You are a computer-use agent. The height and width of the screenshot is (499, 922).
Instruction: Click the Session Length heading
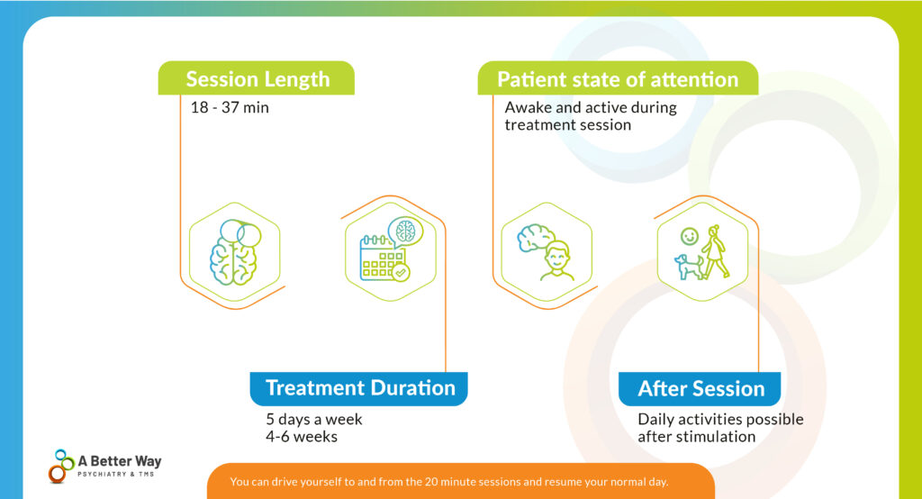click(258, 79)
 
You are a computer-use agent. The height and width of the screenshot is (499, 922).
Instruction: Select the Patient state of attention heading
click(618, 79)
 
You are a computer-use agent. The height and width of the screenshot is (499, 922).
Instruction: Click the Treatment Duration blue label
click(360, 388)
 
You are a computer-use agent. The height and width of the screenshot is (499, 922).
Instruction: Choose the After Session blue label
click(701, 389)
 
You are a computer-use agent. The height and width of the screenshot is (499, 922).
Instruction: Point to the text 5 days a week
click(314, 420)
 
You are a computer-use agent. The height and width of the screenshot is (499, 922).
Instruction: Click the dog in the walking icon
click(689, 265)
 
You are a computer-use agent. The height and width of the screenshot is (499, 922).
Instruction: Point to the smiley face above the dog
click(689, 236)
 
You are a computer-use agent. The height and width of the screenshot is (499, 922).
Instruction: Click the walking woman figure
click(717, 252)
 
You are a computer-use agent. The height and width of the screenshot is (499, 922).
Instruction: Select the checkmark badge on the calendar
click(401, 271)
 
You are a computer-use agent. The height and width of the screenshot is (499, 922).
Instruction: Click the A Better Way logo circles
click(60, 466)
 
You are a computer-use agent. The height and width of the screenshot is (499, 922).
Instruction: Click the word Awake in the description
click(525, 108)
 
